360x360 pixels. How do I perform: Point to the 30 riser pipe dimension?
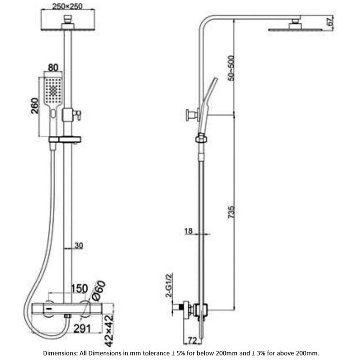click(79, 245)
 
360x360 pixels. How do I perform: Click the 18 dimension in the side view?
click(189, 231)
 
